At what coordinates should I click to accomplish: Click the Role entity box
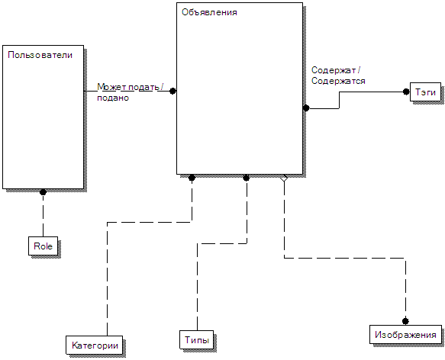click(44, 246)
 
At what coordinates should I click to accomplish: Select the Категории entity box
click(95, 346)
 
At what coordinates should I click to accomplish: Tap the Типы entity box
click(197, 339)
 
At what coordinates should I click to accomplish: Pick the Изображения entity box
click(405, 335)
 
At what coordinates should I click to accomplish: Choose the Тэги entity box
click(425, 92)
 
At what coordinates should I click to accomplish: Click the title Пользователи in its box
click(40, 55)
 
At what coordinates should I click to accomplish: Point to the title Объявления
click(209, 12)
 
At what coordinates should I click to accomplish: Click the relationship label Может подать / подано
click(131, 92)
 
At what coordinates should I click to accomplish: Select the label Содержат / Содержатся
click(338, 76)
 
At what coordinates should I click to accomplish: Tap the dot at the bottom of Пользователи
click(44, 192)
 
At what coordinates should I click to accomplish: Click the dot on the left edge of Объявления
click(173, 91)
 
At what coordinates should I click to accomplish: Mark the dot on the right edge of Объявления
click(306, 108)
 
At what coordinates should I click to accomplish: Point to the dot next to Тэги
click(406, 92)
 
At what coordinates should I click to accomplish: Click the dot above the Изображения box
click(405, 321)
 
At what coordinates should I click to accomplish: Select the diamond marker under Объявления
click(284, 178)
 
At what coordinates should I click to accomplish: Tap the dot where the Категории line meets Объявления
click(192, 178)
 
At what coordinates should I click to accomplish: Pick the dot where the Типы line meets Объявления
click(247, 178)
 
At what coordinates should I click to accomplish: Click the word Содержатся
click(338, 81)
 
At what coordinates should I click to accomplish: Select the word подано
click(113, 98)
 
